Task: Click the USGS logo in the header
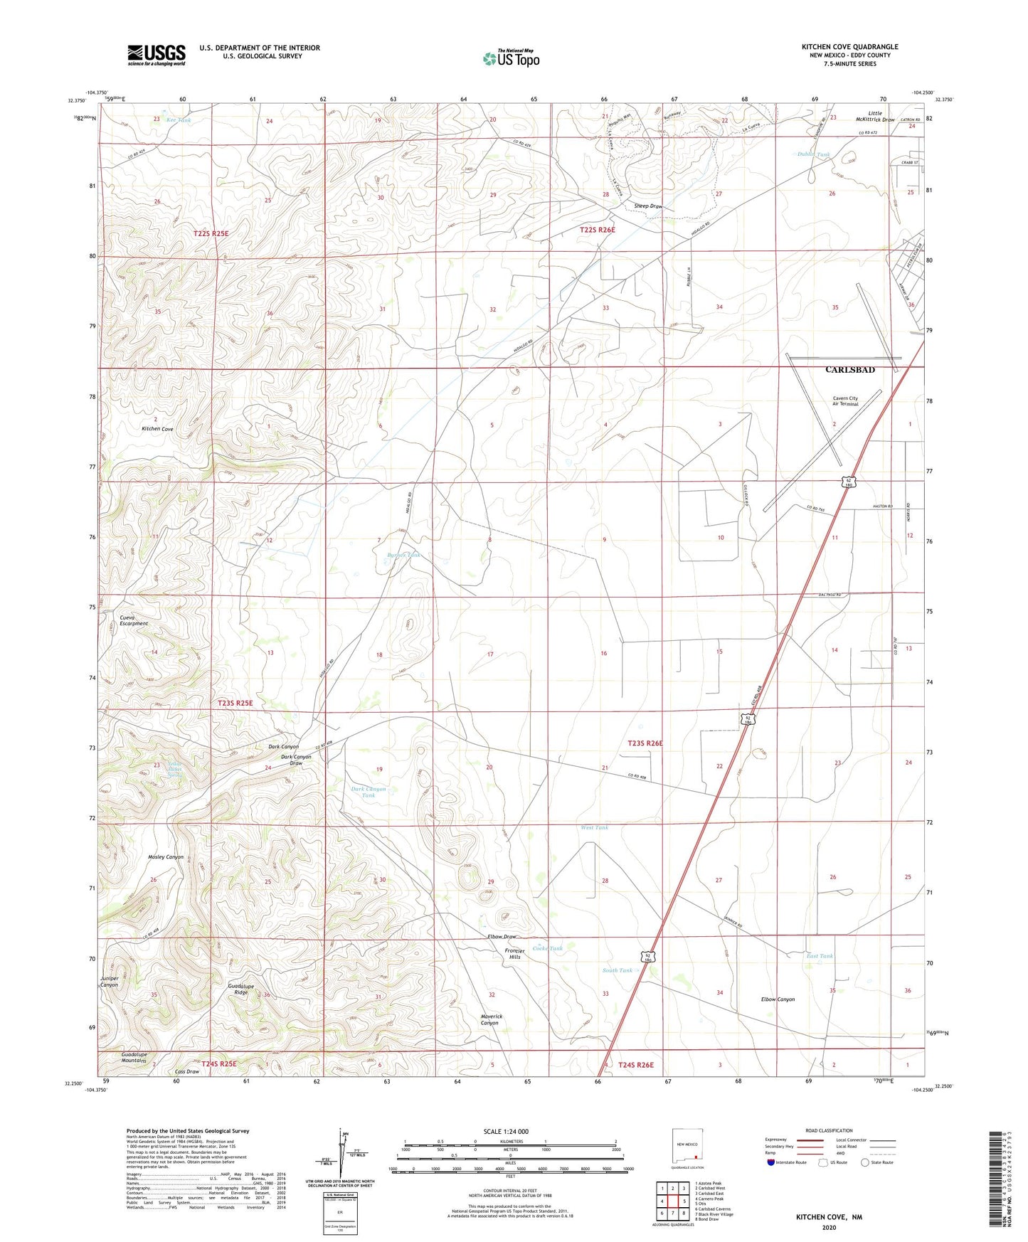click(x=157, y=55)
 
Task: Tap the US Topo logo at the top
click(x=512, y=58)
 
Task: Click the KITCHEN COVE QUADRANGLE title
click(x=849, y=47)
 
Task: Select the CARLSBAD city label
click(x=849, y=370)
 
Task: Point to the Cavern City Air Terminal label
click(x=845, y=401)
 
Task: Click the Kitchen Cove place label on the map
click(x=157, y=429)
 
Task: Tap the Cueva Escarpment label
click(x=134, y=620)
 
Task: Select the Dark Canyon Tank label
click(x=369, y=792)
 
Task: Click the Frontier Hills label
click(x=514, y=954)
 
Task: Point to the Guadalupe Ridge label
click(x=241, y=989)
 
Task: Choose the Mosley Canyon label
click(x=166, y=857)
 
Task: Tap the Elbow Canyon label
click(x=778, y=999)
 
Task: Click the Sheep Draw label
click(x=648, y=206)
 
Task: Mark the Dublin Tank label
click(x=813, y=154)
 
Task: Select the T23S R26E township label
click(x=645, y=743)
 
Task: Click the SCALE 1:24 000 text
click(x=506, y=1132)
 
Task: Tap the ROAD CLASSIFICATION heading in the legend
click(x=829, y=1130)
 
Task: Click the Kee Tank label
click(x=179, y=120)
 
